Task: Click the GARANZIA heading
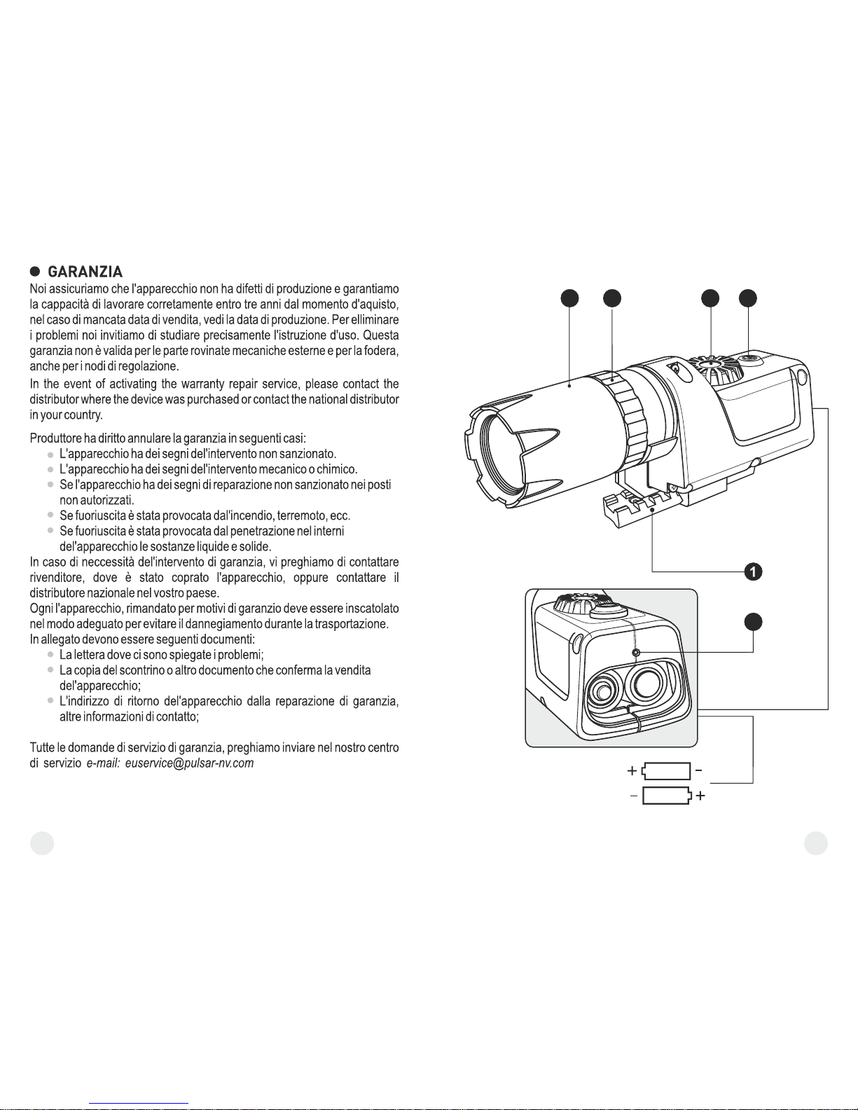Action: (85, 271)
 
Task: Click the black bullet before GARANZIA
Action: (35, 271)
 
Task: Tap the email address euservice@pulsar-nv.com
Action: (189, 763)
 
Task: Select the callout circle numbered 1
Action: (753, 571)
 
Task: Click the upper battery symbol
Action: (666, 771)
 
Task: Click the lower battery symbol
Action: (667, 796)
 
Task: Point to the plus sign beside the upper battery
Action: (632, 770)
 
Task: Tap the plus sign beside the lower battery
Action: (700, 796)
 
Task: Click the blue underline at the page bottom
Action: (139, 1104)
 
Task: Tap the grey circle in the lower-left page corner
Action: (42, 843)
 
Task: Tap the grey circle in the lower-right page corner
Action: (815, 843)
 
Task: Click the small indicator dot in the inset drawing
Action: (636, 652)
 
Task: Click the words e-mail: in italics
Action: (103, 763)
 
